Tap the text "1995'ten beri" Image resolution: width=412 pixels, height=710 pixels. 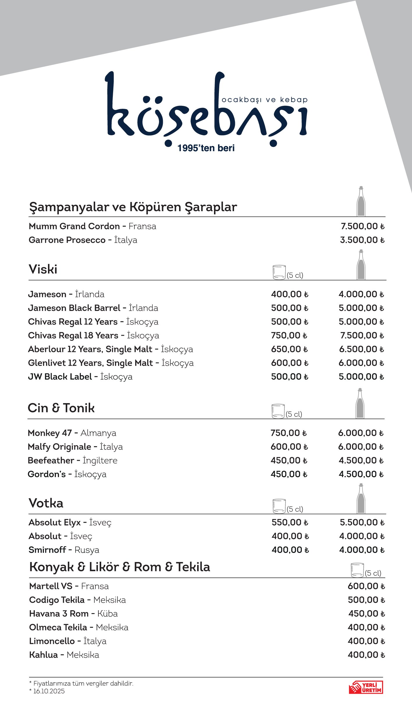pos(206,148)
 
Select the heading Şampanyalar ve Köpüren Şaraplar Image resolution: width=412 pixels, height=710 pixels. pos(133,207)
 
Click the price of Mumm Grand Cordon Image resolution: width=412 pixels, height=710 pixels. pos(362,226)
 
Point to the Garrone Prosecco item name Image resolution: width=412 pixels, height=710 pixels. pos(67,240)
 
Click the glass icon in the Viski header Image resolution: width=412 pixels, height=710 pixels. pos(279,272)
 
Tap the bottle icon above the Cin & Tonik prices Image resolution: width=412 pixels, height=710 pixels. pos(360,403)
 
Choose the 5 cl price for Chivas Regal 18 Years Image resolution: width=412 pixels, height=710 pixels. pos(289,336)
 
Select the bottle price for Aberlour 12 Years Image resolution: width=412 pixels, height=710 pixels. pos(361,349)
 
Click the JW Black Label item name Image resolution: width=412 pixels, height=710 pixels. pos(60,377)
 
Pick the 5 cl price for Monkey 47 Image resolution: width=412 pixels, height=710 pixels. pos(288,433)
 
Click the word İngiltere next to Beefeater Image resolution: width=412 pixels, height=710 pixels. pos(100,461)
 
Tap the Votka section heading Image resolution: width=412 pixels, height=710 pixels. pos(46,503)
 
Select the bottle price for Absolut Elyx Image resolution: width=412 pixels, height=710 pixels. pos(362,522)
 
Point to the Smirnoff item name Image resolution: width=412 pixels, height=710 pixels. pos(47,550)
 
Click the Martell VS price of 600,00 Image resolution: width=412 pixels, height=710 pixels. pos(366,586)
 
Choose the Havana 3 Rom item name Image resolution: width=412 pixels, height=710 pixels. pos(59,614)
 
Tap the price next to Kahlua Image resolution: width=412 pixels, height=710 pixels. pos(366,655)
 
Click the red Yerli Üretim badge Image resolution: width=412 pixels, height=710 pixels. pos(366,687)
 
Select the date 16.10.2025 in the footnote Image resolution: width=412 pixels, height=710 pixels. pos(49,691)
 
